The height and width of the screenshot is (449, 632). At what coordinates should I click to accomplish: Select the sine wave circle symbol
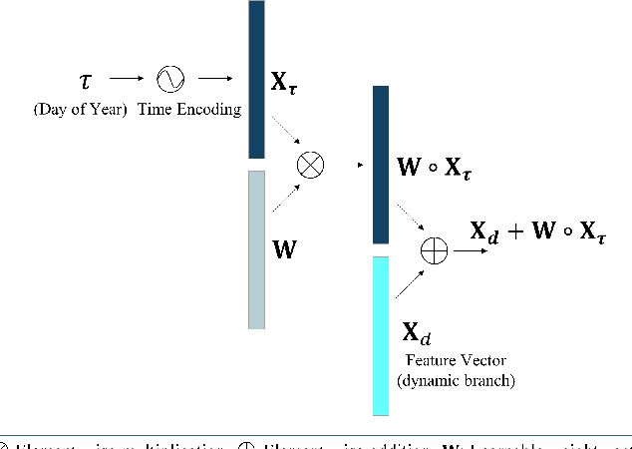point(168,77)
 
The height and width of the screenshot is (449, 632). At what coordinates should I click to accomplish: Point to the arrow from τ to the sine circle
point(126,77)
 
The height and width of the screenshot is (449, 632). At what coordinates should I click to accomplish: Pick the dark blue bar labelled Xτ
point(256,80)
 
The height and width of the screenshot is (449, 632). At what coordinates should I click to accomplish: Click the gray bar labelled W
point(256,249)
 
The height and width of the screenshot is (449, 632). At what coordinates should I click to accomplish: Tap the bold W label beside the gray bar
point(284,249)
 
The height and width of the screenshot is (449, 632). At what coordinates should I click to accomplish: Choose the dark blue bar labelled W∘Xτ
point(380,165)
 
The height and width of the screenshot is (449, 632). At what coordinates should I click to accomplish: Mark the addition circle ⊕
point(435,250)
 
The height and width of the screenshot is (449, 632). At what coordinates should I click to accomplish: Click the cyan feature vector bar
point(380,335)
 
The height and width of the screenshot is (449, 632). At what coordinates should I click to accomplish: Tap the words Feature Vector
point(442,360)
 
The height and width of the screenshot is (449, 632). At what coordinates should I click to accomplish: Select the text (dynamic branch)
point(442,380)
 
